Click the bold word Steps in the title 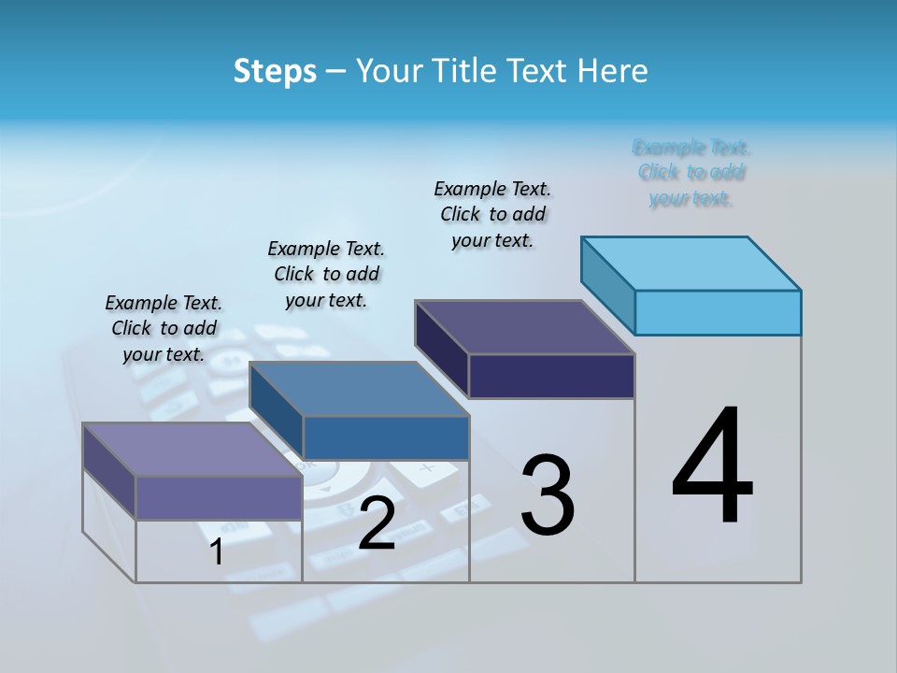tap(275, 71)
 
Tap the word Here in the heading tap(613, 71)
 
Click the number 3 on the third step tap(548, 495)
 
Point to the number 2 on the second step tap(377, 523)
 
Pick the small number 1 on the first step tap(217, 551)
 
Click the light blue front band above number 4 tap(718, 312)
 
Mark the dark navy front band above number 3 tap(551, 377)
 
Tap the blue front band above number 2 tap(386, 438)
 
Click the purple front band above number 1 tap(219, 497)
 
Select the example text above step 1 tap(164, 329)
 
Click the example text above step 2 tap(326, 275)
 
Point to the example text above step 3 tap(492, 215)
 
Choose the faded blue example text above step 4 tap(691, 173)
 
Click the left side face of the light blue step tap(608, 285)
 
